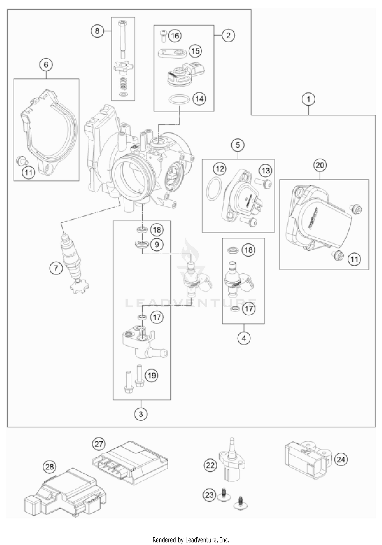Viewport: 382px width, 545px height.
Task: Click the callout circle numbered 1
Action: click(x=309, y=99)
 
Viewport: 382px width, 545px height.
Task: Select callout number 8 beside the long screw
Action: click(x=97, y=31)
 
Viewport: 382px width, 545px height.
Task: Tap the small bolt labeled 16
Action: click(x=163, y=36)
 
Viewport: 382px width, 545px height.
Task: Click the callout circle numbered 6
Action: click(x=46, y=65)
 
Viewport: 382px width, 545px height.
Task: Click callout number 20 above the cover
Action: click(x=320, y=165)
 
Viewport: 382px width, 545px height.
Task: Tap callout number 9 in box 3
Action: click(x=157, y=244)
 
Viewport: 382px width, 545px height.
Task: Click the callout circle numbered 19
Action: click(x=152, y=375)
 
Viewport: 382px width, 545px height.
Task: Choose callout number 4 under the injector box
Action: click(x=244, y=338)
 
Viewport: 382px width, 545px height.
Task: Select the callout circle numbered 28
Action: click(x=50, y=467)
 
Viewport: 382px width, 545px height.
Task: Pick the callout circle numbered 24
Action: click(x=341, y=459)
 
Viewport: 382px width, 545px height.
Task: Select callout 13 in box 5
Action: click(x=266, y=171)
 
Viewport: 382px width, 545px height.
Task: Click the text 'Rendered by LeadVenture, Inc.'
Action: click(x=191, y=540)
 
